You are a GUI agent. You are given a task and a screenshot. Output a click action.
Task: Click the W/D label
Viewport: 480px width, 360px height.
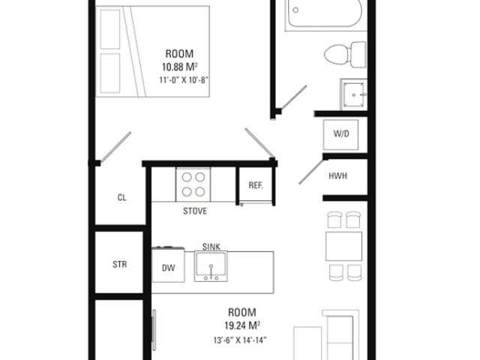tap(341, 133)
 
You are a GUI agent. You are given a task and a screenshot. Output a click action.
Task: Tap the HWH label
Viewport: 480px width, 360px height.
tap(338, 176)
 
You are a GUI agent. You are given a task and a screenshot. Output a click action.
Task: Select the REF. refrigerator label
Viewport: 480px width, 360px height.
tap(256, 185)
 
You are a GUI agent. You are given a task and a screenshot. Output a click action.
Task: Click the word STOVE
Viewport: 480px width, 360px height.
tap(195, 211)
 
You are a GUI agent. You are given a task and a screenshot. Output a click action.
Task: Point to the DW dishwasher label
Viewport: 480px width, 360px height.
tap(168, 268)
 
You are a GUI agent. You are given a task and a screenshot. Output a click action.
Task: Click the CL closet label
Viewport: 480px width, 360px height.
tap(121, 197)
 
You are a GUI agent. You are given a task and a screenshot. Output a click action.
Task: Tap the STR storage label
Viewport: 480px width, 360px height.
tap(120, 264)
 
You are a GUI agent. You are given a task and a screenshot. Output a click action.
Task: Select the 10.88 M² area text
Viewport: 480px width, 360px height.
tap(180, 67)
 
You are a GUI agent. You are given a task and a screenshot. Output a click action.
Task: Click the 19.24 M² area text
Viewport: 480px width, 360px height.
tap(242, 325)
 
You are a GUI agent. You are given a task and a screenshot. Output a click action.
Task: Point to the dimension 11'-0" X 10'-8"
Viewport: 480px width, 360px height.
tap(184, 80)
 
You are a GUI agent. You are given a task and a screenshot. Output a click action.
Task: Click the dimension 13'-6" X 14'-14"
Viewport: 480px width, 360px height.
tap(240, 340)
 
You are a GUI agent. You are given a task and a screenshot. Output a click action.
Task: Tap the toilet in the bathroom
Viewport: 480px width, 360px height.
tap(345, 55)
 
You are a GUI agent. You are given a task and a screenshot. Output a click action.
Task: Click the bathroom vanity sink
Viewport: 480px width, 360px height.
tap(354, 94)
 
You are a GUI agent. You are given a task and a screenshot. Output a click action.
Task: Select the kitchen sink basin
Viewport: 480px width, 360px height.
tap(211, 266)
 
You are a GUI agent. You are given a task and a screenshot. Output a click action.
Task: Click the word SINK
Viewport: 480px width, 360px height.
tap(211, 247)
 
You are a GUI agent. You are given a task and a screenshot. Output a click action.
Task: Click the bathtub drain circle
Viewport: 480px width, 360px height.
tap(295, 10)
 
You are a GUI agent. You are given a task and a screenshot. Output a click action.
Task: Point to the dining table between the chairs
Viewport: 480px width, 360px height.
tap(343, 247)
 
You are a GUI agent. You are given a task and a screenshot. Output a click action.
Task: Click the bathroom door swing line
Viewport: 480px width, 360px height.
tap(293, 97)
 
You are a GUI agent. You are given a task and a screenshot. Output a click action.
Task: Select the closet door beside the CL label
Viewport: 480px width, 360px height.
tap(116, 147)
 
